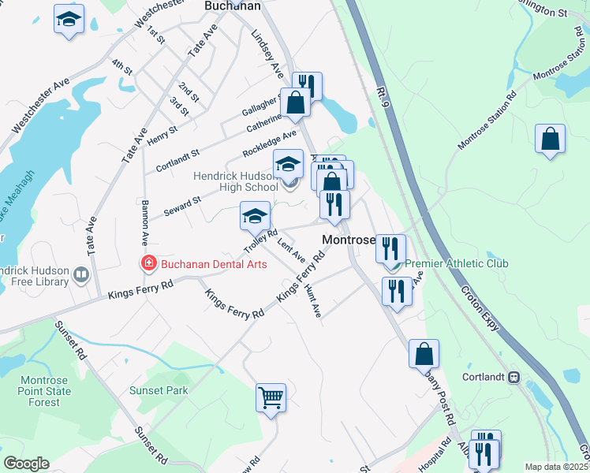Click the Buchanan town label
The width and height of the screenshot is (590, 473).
[x=232, y=6]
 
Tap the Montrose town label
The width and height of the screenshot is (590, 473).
[x=346, y=240]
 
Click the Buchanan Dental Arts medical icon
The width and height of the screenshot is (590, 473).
[x=147, y=264]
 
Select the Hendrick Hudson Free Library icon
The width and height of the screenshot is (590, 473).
[x=80, y=274]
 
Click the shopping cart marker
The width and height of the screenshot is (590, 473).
[x=271, y=397]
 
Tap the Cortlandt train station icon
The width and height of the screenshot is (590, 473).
[x=514, y=377]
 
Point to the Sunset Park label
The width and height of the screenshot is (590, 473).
[x=159, y=390]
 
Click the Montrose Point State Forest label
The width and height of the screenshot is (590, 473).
[x=44, y=391]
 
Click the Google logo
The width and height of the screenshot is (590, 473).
[x=25, y=464]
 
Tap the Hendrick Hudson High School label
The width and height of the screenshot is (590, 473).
[x=237, y=181]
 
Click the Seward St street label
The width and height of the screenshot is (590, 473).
[x=182, y=207]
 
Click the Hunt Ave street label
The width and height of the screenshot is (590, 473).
[x=312, y=302]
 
